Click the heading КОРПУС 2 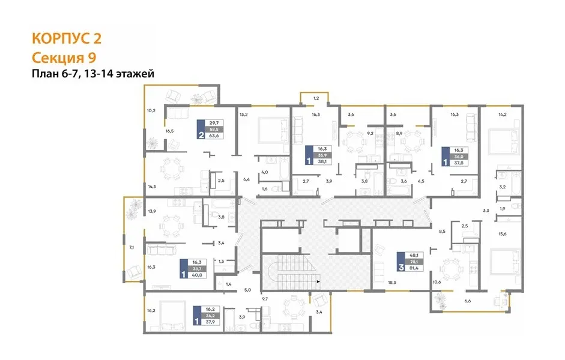[x=67, y=38]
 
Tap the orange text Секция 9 [x=64, y=58]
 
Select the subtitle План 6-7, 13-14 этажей [x=93, y=74]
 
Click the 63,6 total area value [x=214, y=136]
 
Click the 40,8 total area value [x=197, y=275]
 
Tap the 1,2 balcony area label [x=316, y=98]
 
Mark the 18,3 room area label [x=392, y=283]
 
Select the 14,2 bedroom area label [x=503, y=115]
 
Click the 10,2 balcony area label [x=151, y=110]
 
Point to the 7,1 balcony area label [x=131, y=247]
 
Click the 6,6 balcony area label [x=468, y=301]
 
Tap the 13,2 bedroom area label [x=244, y=115]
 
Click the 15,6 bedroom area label [x=503, y=233]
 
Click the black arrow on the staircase [x=318, y=281]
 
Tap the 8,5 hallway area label [x=442, y=232]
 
